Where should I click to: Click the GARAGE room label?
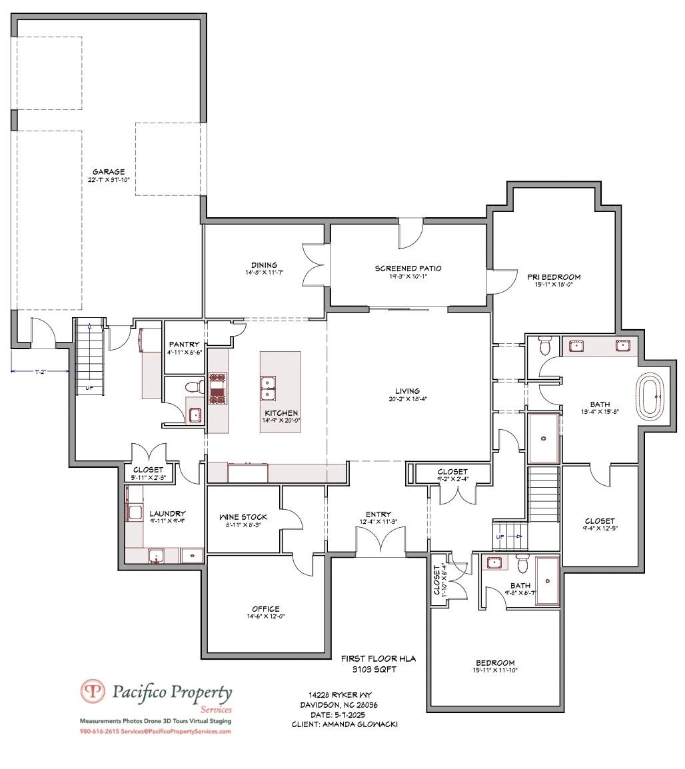coord(108,172)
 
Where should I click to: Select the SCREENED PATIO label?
coord(408,269)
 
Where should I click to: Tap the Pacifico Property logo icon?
coord(93,691)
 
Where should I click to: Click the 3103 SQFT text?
coord(378,669)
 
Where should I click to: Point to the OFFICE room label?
coord(265,608)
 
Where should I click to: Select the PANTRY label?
coord(183,345)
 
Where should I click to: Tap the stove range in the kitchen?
coord(218,388)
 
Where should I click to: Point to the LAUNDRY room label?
coord(167,513)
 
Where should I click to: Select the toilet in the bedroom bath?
coord(522,564)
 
